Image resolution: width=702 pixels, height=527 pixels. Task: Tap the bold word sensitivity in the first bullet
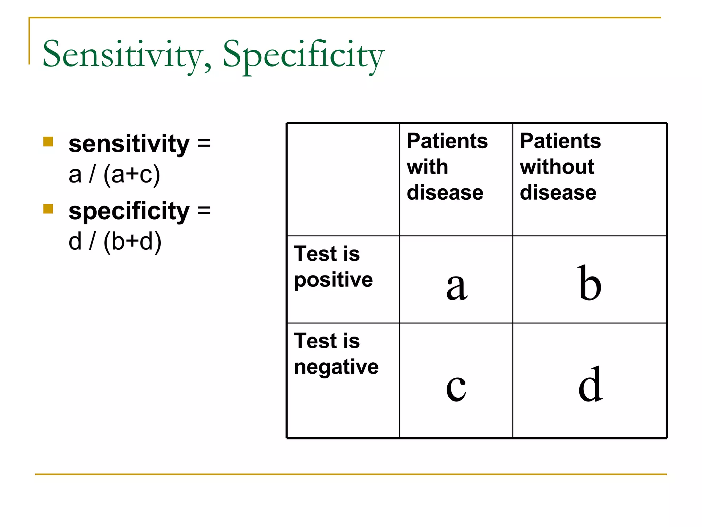pyautogui.click(x=129, y=144)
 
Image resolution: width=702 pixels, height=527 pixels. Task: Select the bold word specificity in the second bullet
pyautogui.click(x=129, y=211)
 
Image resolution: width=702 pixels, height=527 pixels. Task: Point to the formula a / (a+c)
pyautogui.click(x=114, y=174)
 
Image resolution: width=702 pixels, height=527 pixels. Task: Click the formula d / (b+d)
pyautogui.click(x=115, y=241)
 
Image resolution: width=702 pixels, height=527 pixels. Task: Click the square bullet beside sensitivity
pyautogui.click(x=48, y=142)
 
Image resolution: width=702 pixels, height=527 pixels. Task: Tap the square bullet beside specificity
pyautogui.click(x=48, y=209)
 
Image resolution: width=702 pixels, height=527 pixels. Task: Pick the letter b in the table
pyautogui.click(x=589, y=283)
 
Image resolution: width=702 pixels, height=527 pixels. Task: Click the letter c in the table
pyautogui.click(x=456, y=387)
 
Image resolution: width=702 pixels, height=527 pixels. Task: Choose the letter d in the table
pyautogui.click(x=590, y=384)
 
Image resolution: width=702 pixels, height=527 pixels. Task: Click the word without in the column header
pyautogui.click(x=557, y=167)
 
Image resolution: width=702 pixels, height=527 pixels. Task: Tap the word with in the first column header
pyautogui.click(x=427, y=167)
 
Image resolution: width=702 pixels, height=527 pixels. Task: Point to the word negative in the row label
pyautogui.click(x=336, y=367)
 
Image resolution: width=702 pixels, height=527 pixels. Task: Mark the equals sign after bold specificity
pyautogui.click(x=204, y=210)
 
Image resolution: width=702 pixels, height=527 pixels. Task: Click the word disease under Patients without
pyautogui.click(x=558, y=192)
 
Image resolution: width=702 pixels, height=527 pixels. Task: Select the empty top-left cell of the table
pyautogui.click(x=343, y=179)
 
